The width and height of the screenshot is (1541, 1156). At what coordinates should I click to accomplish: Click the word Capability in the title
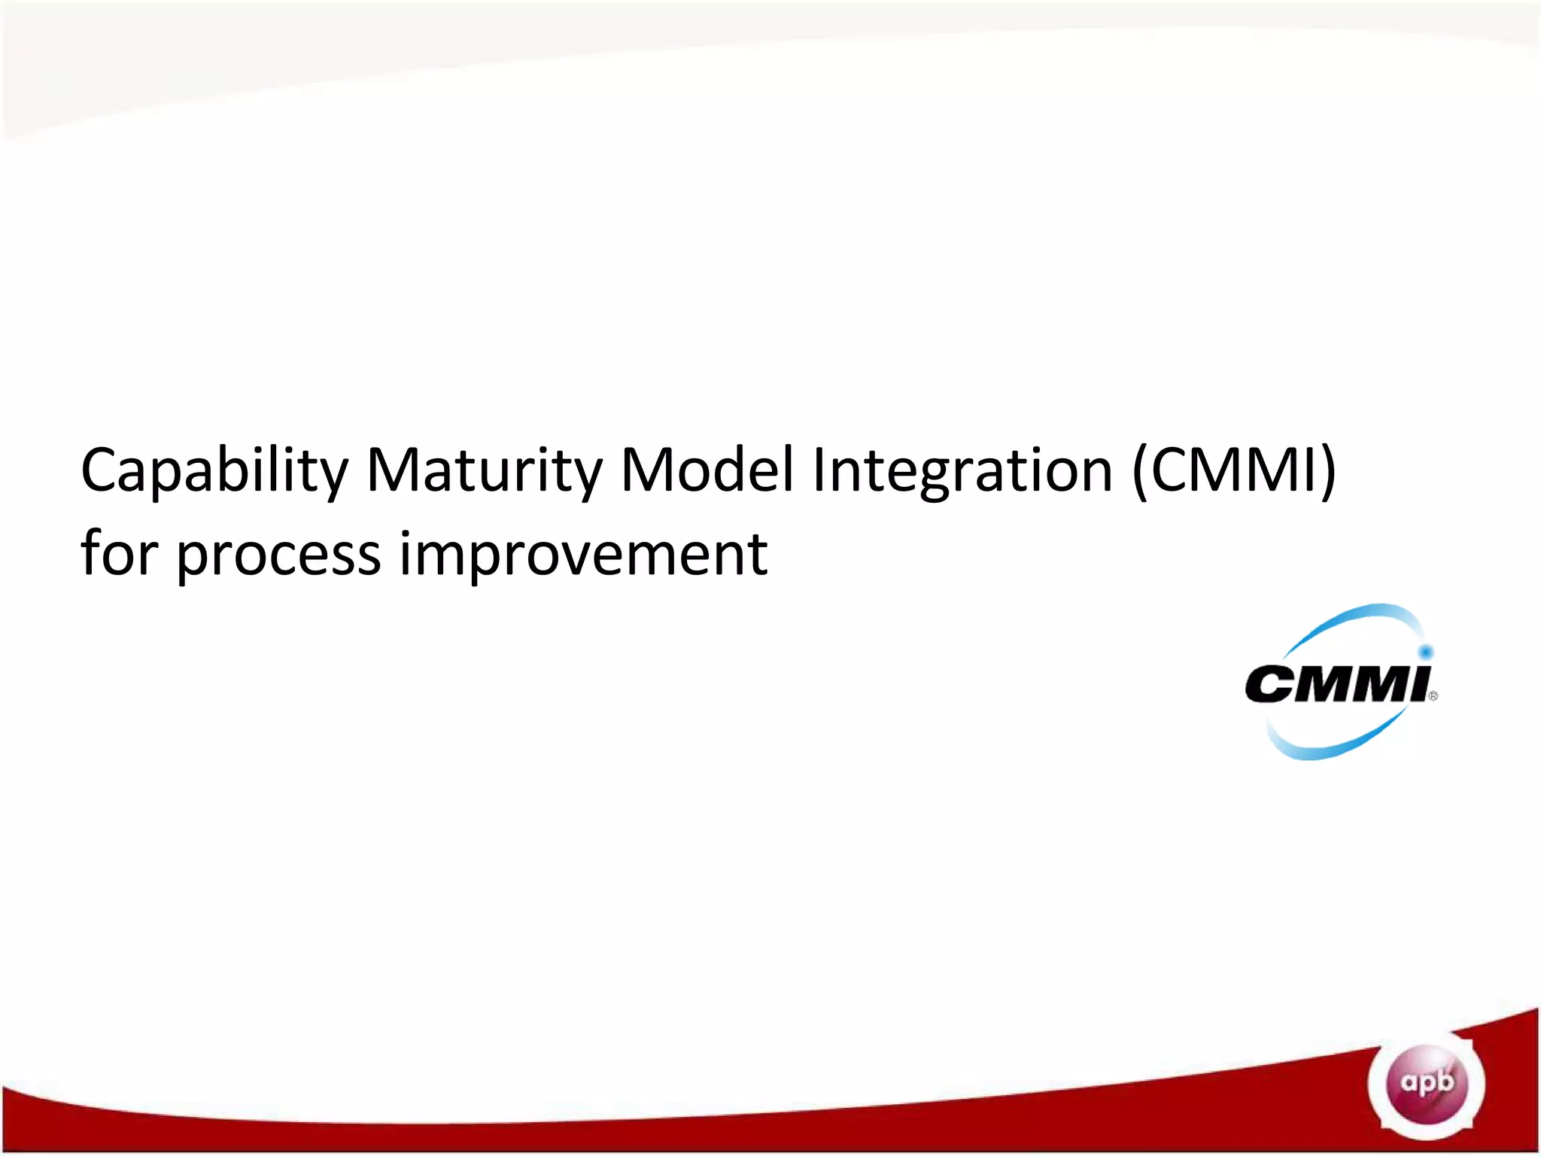(214, 471)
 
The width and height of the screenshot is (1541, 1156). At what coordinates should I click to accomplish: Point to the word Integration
(962, 471)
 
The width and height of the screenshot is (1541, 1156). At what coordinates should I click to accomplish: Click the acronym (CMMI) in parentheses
(1234, 471)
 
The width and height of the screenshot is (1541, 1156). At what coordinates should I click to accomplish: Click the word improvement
(583, 555)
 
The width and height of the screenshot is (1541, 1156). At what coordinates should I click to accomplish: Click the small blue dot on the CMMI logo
(1425, 652)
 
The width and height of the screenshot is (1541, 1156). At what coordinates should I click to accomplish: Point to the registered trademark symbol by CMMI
(1433, 696)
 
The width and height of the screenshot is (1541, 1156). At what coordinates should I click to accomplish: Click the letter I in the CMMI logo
(1415, 683)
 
